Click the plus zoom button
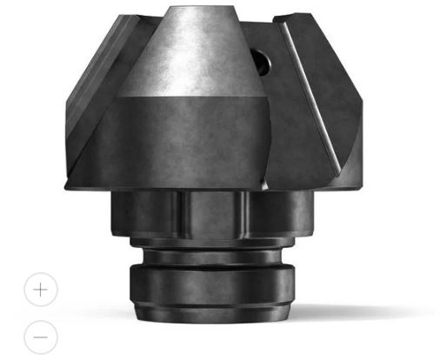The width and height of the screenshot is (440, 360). pyautogui.click(x=40, y=290)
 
